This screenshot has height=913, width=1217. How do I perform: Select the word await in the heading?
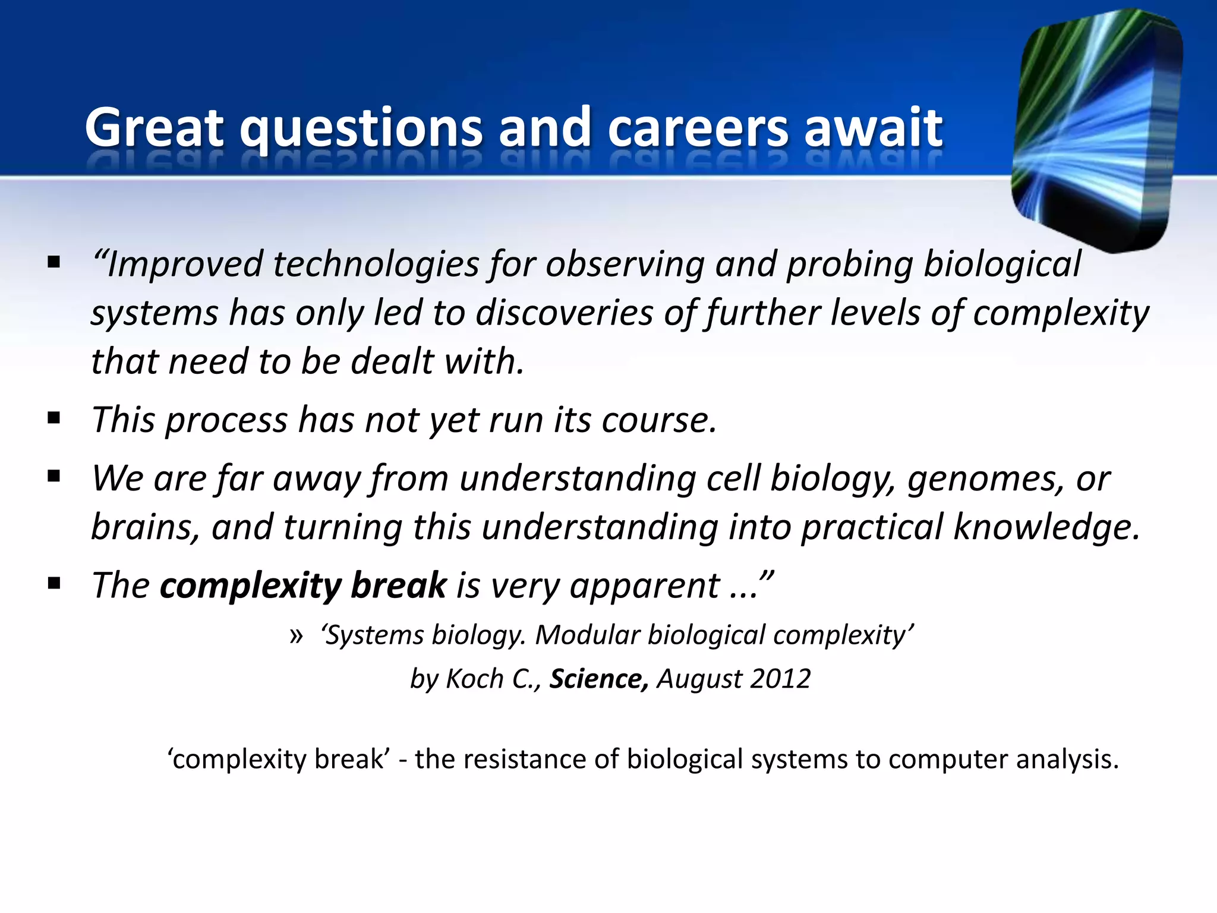[x=873, y=127]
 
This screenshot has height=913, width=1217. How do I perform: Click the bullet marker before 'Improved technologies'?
[x=54, y=262]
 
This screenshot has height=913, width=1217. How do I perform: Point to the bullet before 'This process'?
[x=54, y=418]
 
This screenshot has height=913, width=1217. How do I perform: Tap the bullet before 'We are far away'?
[x=54, y=476]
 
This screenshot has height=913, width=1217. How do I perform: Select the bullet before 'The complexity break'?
[x=54, y=583]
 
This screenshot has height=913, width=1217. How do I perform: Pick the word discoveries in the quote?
[x=564, y=313]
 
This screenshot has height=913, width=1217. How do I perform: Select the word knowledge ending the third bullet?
[x=1046, y=527]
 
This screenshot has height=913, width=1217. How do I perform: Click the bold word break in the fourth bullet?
[x=398, y=585]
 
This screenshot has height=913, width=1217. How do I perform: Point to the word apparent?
[x=644, y=586]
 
